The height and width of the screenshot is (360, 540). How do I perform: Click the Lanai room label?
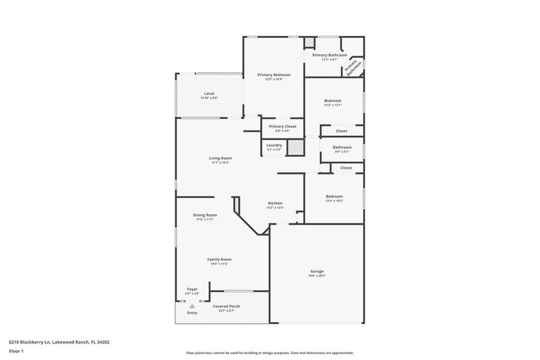click(x=209, y=94)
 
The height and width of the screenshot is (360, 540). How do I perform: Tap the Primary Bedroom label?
click(x=274, y=75)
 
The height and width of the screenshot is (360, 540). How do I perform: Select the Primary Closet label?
click(x=282, y=127)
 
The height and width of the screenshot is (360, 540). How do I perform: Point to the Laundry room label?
click(x=274, y=145)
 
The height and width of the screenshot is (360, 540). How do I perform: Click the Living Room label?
click(x=220, y=159)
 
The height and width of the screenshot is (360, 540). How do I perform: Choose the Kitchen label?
click(x=275, y=203)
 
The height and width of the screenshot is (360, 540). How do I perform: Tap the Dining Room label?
click(x=205, y=215)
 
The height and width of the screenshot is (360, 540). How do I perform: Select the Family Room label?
click(x=219, y=259)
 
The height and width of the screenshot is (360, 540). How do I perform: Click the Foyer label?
click(x=192, y=289)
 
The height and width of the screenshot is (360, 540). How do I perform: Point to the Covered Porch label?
click(x=226, y=306)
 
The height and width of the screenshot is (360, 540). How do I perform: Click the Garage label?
click(x=317, y=271)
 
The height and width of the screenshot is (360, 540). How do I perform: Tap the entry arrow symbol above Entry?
click(x=192, y=306)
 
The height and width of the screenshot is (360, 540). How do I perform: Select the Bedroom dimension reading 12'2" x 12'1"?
click(x=333, y=105)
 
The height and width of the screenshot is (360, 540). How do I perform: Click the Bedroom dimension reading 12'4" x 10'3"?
click(x=334, y=201)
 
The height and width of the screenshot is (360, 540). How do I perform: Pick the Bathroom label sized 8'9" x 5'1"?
click(x=342, y=147)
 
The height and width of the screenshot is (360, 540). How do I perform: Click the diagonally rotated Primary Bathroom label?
click(x=353, y=66)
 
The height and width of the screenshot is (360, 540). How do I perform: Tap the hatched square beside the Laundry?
click(x=296, y=147)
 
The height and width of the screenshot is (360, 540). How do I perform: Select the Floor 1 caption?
click(x=16, y=351)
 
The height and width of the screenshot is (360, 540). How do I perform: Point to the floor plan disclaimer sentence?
click(x=269, y=353)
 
